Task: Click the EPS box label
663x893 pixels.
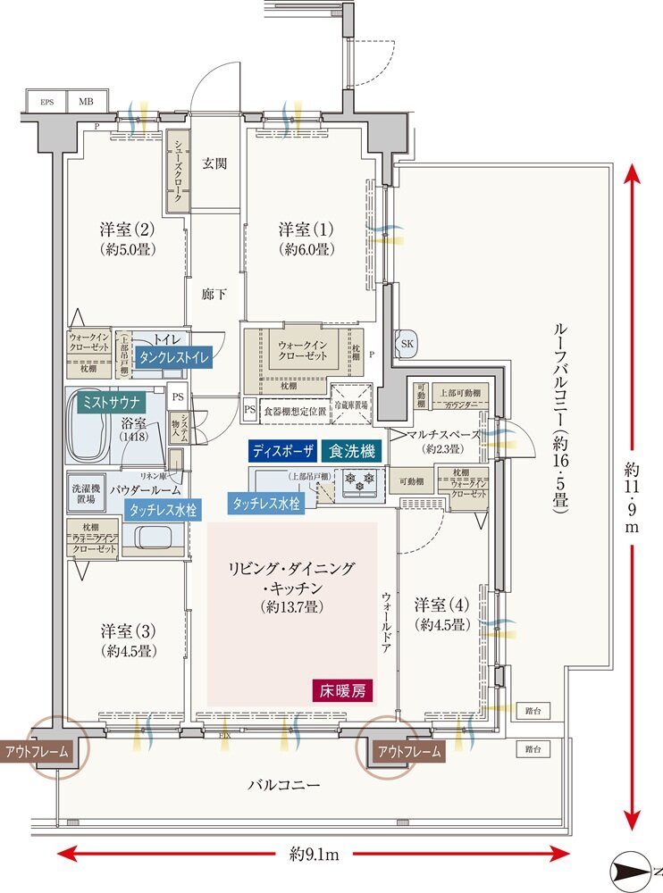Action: (x=46, y=102)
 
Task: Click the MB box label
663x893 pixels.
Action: (x=87, y=102)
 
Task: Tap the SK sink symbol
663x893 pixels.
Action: (x=406, y=344)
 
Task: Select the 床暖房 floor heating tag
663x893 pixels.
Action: (x=342, y=689)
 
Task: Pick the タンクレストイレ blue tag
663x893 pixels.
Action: (x=164, y=356)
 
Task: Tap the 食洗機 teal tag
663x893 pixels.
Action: (x=353, y=451)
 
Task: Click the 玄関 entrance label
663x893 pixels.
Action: (x=214, y=163)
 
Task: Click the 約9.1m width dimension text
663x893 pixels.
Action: (x=314, y=855)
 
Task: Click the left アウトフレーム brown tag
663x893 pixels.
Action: (x=36, y=752)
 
